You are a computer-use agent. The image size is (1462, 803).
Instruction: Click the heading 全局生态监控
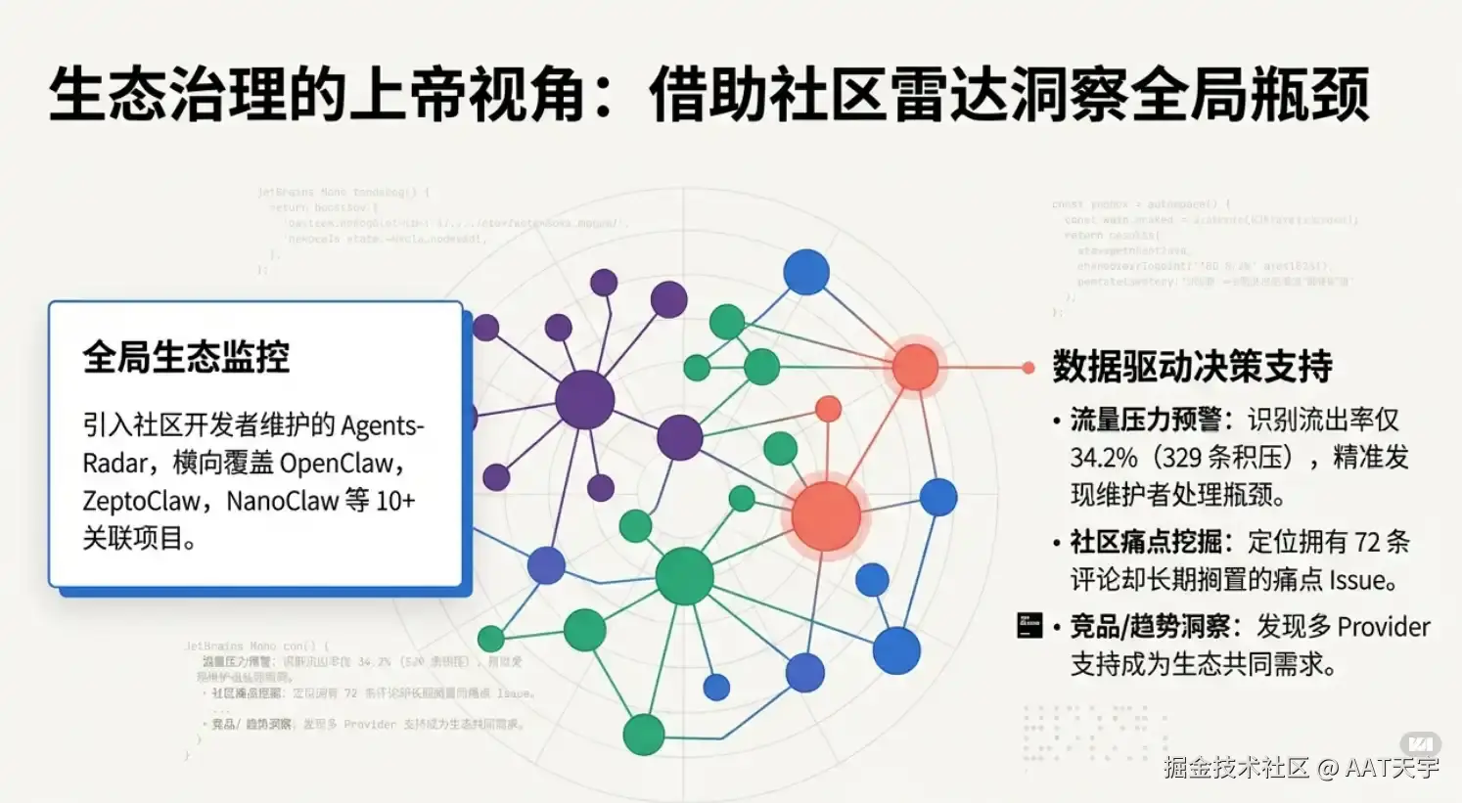(186, 358)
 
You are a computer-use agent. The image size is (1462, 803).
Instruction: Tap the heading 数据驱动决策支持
(1192, 367)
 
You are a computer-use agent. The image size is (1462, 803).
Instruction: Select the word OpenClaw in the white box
(336, 464)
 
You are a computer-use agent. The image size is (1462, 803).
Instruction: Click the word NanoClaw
(282, 501)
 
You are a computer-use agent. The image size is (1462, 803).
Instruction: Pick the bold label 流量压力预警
(1145, 421)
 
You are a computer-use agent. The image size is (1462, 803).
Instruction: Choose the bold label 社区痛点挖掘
(1145, 542)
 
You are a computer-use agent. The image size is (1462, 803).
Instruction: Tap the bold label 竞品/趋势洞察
(1149, 627)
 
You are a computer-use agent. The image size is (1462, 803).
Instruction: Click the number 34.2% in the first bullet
(1104, 458)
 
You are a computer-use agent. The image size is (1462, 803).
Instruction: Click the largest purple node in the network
(584, 399)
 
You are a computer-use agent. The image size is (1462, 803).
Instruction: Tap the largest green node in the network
(684, 576)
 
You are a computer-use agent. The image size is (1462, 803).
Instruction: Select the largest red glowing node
(826, 515)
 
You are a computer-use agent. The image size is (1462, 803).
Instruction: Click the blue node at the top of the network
(806, 272)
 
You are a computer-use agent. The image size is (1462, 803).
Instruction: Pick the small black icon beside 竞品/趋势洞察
(1029, 625)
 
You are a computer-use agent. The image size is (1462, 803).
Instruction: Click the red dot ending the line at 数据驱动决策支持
(1028, 368)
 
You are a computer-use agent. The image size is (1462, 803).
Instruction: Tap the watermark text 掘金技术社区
(1236, 767)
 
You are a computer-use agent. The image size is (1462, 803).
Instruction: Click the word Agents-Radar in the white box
(382, 426)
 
